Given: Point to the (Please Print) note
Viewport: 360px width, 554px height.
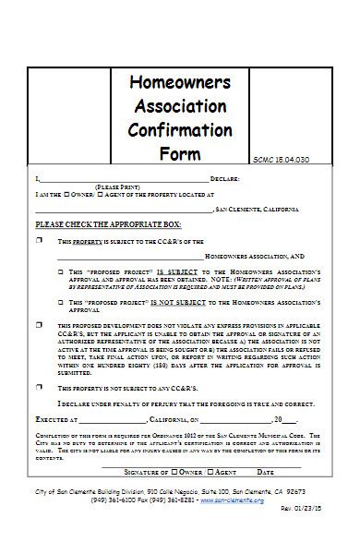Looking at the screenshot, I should tap(117, 186).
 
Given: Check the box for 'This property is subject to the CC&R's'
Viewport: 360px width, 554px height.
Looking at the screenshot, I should tap(39, 241).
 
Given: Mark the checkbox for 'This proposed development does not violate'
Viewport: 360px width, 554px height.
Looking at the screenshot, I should tap(39, 325).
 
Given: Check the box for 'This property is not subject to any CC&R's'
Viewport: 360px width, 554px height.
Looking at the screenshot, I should tap(39, 389).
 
